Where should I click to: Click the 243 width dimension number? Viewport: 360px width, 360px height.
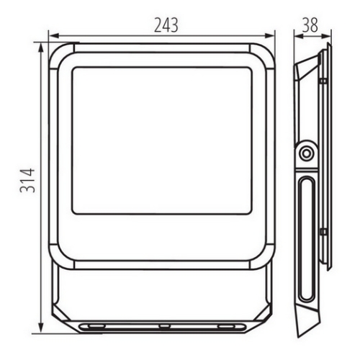click(166, 25)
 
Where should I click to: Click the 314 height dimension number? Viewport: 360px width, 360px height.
click(27, 181)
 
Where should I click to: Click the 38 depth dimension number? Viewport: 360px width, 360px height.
click(310, 25)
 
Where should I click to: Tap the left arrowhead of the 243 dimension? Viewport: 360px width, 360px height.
click(53, 37)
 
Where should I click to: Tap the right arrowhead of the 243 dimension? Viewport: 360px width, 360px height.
click(269, 36)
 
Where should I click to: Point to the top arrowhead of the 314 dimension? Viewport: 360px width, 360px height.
click(41, 48)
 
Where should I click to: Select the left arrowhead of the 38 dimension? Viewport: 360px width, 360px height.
click(300, 37)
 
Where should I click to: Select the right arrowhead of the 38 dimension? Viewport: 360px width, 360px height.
click(326, 37)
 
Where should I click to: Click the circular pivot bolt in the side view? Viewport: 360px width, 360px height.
click(306, 153)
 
